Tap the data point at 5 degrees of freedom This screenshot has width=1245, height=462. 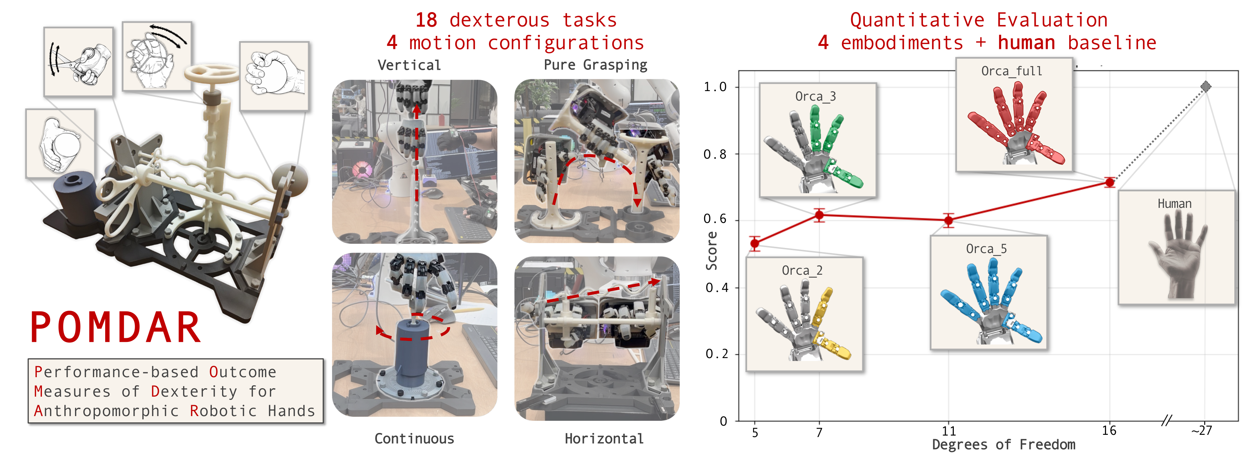point(755,243)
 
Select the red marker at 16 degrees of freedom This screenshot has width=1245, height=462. point(1110,182)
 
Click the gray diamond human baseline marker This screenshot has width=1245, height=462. point(1206,86)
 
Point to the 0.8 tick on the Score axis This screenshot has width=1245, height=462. point(715,154)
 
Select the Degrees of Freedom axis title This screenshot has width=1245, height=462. point(1003,445)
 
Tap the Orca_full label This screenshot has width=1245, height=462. point(1011,71)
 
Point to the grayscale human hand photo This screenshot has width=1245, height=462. point(1177,256)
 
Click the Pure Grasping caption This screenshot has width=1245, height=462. point(595,65)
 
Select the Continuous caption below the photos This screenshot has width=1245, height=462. point(414,438)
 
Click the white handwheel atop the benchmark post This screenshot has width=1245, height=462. point(211,75)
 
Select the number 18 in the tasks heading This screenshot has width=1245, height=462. point(426,20)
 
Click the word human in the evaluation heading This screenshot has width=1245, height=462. point(1026,43)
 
